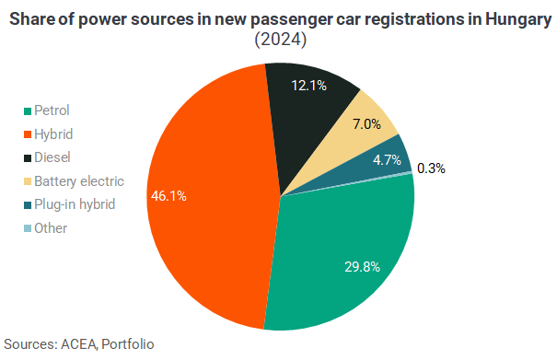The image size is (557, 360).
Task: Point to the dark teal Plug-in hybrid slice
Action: point(384,164)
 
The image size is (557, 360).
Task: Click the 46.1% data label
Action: point(168,196)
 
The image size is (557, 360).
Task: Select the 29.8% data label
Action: point(363,266)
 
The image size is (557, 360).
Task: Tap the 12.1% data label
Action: point(308,86)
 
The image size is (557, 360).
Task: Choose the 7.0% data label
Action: point(366,124)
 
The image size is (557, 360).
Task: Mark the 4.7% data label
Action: point(387,160)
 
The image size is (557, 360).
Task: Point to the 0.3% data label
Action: point(431,168)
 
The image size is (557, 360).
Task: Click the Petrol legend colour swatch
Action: point(28,111)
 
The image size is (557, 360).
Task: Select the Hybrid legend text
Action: point(53,134)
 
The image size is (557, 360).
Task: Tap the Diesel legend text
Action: point(52,157)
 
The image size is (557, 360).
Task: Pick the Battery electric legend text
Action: point(79,181)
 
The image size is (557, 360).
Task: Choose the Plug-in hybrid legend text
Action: point(75,204)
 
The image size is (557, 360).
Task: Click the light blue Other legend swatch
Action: point(28,228)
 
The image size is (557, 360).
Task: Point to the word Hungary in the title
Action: point(518,20)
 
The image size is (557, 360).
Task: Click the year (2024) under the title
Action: point(280,39)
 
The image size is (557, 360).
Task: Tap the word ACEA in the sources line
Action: point(79,344)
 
